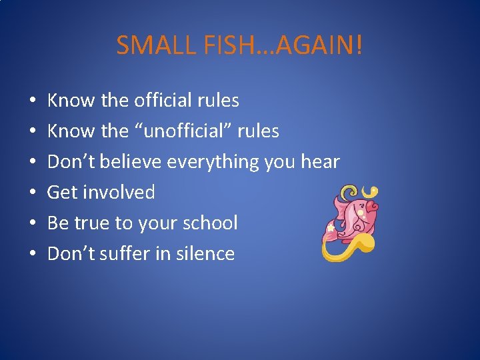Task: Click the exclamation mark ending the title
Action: pyautogui.click(x=360, y=45)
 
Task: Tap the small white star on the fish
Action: pyautogui.click(x=330, y=228)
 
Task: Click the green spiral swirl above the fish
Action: pyautogui.click(x=347, y=194)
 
